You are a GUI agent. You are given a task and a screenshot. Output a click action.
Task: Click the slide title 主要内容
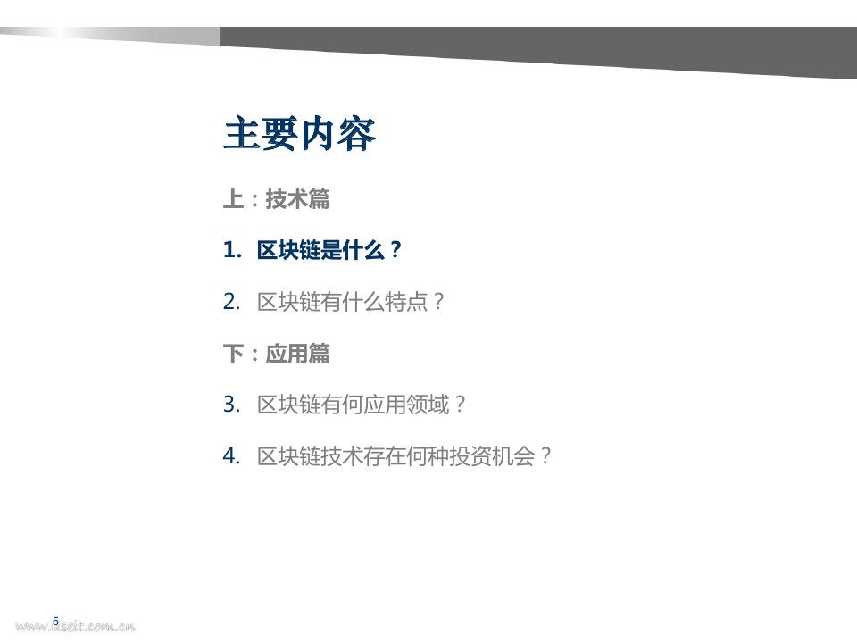pos(300,133)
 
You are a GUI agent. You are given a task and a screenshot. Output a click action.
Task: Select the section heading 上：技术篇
pos(277,199)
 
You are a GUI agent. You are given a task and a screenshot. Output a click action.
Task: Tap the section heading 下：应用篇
pos(277,354)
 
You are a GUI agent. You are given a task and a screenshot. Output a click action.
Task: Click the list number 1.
pos(232,250)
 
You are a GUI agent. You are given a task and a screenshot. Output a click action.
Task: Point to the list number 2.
pos(232,302)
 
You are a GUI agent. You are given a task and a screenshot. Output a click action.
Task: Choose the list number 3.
pos(232,405)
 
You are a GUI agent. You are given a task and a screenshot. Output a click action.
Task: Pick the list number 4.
pos(232,456)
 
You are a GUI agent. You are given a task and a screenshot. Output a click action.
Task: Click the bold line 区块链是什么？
pos(329,250)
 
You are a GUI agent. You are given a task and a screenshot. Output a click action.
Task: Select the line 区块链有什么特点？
pos(351,302)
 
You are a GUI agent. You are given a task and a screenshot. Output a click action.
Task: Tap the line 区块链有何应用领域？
pos(362,405)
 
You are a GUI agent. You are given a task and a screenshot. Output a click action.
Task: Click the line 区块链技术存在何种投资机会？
pos(404,456)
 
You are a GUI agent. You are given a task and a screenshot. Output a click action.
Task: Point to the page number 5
pos(55,622)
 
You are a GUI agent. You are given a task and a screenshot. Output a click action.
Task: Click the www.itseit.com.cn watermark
pos(75,627)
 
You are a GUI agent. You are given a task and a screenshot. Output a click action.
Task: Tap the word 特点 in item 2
pos(406,302)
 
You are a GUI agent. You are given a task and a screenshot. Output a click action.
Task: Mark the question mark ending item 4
pos(545,456)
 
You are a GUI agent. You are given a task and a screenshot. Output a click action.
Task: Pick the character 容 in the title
pos(357,133)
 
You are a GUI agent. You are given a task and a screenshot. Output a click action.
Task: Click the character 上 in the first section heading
pos(233,199)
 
